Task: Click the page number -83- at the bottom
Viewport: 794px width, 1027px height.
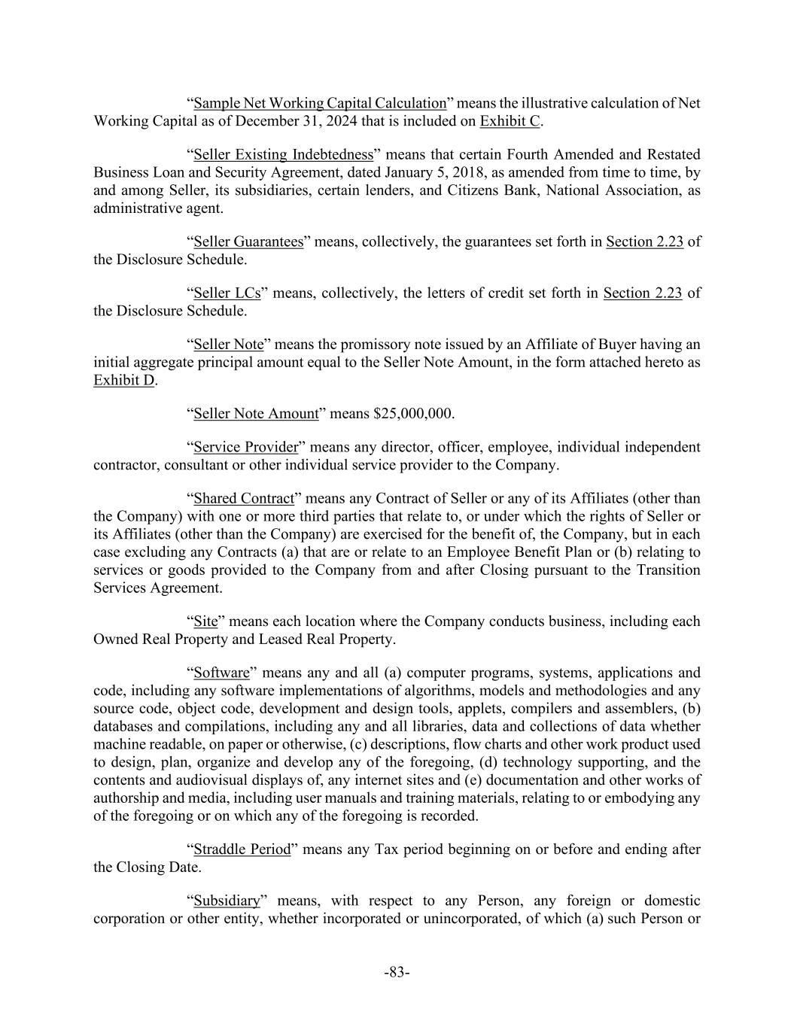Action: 397,972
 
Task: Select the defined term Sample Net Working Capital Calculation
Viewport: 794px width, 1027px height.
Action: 320,103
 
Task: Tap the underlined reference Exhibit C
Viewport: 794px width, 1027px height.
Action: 510,121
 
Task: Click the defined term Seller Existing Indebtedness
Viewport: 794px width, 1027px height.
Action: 284,155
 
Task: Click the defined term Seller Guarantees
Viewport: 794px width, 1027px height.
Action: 248,242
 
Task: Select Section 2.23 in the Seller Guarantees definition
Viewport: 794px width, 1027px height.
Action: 644,242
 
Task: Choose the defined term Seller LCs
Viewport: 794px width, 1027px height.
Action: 227,293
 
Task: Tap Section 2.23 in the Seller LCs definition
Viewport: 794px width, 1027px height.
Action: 643,293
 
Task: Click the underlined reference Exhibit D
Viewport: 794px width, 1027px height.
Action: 124,380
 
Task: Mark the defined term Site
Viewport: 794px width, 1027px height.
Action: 205,621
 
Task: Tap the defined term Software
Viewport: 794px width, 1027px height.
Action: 221,673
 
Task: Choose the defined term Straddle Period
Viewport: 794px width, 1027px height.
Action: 242,849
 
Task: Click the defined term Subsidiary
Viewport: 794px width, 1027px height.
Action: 227,901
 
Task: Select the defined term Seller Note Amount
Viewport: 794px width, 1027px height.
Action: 256,414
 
